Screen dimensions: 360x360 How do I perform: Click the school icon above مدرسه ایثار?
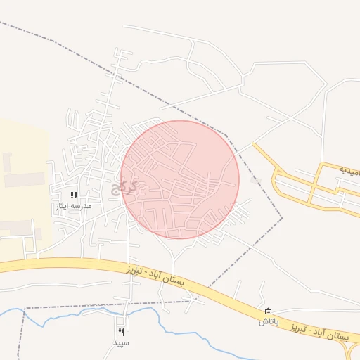[74, 195]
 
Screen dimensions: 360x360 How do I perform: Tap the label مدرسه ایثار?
[74, 207]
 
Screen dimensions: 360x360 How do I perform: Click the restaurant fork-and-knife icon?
[122, 332]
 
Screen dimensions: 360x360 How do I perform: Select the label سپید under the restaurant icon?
[122, 343]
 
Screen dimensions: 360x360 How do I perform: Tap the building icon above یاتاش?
[268, 311]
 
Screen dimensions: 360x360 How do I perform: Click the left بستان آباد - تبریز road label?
[157, 277]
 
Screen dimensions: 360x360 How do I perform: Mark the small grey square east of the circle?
[256, 181]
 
